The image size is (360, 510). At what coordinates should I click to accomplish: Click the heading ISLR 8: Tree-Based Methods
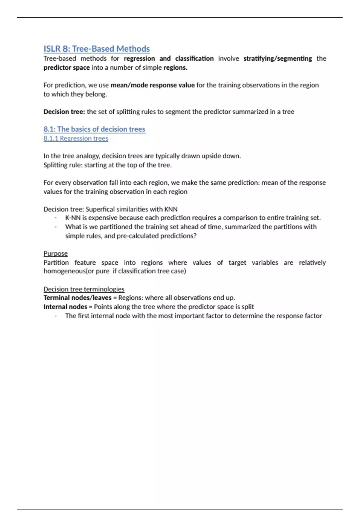point(97,49)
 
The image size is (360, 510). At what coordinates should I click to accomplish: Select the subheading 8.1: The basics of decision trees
point(94,129)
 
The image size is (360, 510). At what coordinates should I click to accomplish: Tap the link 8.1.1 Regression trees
point(76,138)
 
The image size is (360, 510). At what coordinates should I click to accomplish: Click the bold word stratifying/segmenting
point(277,58)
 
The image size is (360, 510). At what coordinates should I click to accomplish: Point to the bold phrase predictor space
point(66,67)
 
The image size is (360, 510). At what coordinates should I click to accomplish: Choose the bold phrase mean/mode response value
point(153,85)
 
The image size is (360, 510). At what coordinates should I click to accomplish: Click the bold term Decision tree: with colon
point(64,112)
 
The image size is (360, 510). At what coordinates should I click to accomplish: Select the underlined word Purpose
point(55,253)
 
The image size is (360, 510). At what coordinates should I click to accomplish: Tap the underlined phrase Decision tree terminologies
point(84,289)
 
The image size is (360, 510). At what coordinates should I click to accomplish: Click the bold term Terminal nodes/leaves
point(77,298)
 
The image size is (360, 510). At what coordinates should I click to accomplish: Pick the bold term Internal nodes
point(65,307)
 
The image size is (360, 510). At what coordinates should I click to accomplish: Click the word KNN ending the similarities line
point(171,209)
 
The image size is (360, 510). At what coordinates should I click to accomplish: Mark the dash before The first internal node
point(56,316)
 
